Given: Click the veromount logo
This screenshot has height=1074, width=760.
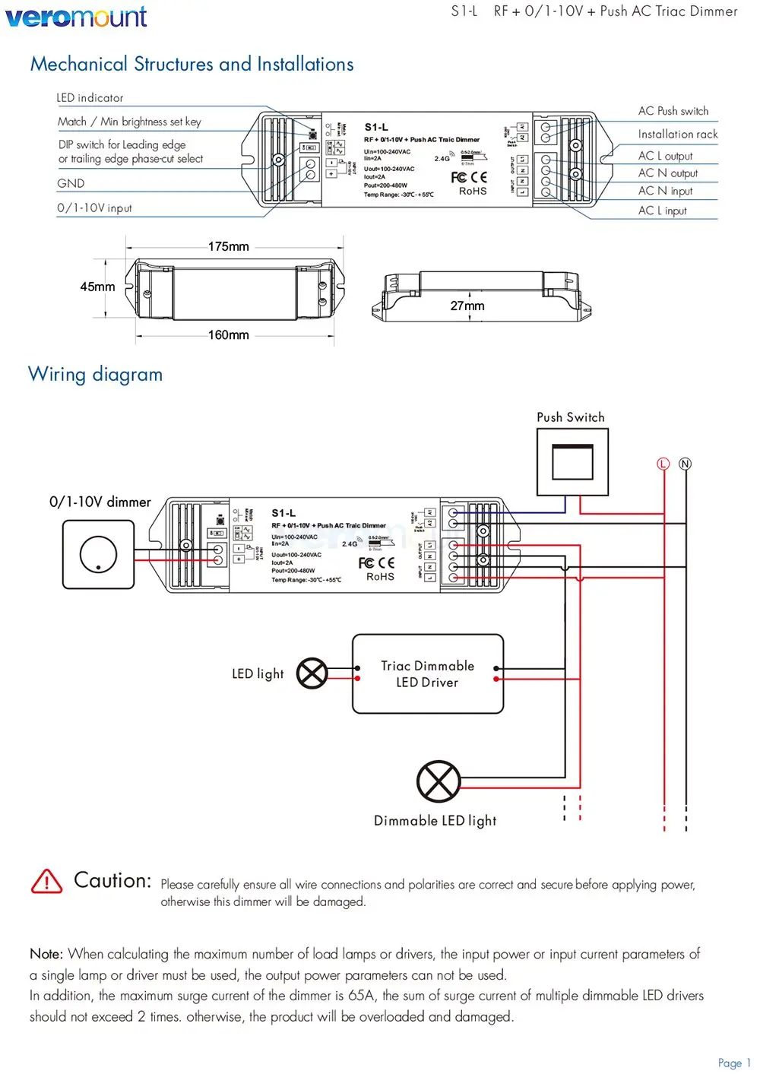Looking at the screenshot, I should click(76, 16).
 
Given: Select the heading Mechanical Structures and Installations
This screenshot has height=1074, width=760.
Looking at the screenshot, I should click(192, 64).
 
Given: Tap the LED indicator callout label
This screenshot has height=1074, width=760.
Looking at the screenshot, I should click(90, 98).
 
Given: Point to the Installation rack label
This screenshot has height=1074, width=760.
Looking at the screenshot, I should click(677, 134).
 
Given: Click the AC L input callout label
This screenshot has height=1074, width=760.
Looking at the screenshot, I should click(662, 211).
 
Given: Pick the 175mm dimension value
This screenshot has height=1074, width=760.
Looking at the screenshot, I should click(228, 246).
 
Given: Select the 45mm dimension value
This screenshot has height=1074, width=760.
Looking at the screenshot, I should click(97, 287).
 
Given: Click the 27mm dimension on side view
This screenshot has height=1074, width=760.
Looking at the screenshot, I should click(467, 306).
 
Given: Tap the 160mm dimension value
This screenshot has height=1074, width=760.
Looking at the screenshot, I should click(228, 334).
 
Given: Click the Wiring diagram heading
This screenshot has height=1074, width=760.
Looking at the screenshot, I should click(95, 374).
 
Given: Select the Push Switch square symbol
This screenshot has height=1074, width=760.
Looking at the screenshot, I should click(572, 462).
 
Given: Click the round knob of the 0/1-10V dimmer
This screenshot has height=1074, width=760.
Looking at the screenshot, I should click(98, 553).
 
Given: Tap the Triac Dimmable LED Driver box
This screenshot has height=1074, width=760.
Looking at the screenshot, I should click(428, 674).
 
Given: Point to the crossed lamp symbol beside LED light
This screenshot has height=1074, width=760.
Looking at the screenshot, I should click(312, 673).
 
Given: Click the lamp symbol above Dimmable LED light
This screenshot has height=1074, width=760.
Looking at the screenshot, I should click(439, 781).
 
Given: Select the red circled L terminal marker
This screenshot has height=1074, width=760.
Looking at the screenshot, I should click(663, 464).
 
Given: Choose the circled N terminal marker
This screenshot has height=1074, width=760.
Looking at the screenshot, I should click(685, 464).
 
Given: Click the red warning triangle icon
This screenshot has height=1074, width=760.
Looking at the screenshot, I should click(47, 882).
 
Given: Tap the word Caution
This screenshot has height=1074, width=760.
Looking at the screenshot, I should click(112, 880).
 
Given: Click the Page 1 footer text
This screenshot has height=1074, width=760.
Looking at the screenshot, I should click(733, 1063).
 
